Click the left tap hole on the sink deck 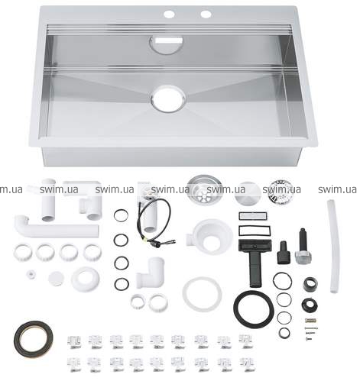[169, 14]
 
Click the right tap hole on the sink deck [206, 14]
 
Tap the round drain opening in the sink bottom [168, 98]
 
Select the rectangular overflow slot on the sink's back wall [170, 40]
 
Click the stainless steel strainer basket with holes [204, 189]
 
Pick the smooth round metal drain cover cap [247, 192]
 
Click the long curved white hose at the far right [334, 246]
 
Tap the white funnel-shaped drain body [210, 236]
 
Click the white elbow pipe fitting [151, 273]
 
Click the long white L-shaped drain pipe [56, 227]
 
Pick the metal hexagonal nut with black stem [303, 247]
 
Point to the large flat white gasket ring [202, 295]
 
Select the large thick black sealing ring [254, 308]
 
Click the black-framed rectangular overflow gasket [252, 231]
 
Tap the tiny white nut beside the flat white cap [31, 274]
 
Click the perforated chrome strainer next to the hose [281, 189]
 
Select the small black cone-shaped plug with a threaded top [284, 253]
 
